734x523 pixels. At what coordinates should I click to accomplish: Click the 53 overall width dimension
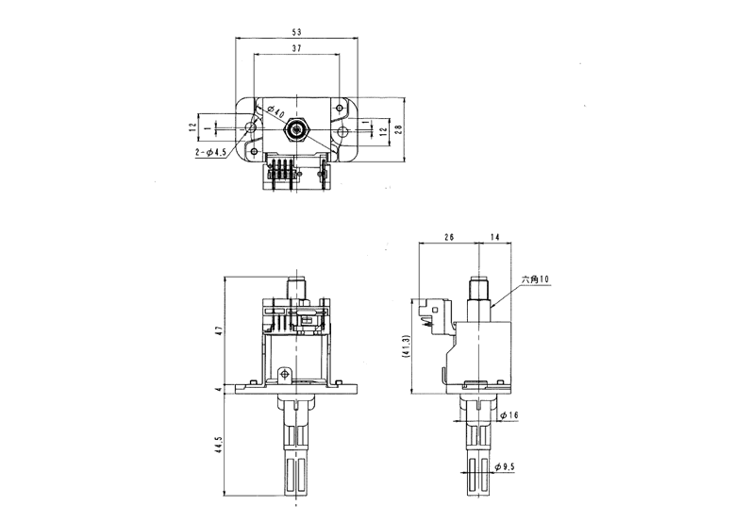[296, 32]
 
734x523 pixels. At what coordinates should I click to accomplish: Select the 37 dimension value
[296, 48]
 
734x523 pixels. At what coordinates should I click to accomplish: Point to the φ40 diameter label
[276, 112]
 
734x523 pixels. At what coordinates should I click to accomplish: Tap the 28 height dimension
[398, 129]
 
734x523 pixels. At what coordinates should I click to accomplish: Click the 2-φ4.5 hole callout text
[211, 152]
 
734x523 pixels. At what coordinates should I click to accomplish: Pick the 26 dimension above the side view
[448, 237]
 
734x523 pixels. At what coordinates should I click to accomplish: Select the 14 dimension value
[494, 237]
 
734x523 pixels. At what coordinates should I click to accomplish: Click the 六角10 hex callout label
[536, 279]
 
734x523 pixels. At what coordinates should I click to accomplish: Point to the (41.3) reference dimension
[407, 347]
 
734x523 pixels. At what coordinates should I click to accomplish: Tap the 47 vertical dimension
[220, 329]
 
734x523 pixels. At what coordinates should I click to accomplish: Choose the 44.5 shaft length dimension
[220, 446]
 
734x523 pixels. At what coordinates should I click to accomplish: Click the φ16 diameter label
[509, 415]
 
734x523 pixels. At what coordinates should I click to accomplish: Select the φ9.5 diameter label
[505, 466]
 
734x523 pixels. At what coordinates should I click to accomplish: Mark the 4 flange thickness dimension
[220, 389]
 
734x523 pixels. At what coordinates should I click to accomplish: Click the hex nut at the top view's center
[297, 128]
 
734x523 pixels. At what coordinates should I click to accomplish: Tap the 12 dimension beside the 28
[383, 131]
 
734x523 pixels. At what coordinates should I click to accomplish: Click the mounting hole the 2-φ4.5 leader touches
[252, 127]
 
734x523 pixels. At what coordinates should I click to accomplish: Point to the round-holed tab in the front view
[284, 374]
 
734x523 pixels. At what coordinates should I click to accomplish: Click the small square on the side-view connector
[435, 310]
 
